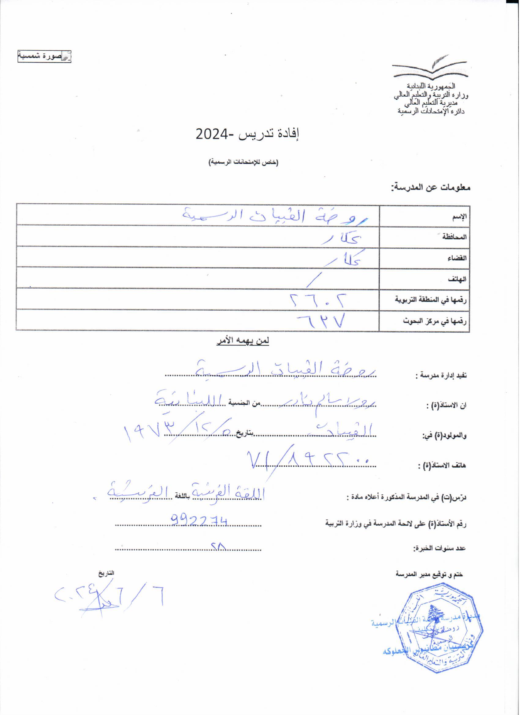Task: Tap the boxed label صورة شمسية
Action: point(44,57)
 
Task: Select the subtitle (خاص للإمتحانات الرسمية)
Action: point(243,162)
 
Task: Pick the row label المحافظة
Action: point(455,237)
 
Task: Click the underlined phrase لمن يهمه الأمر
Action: point(243,341)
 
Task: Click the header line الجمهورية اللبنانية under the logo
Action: point(431,86)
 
